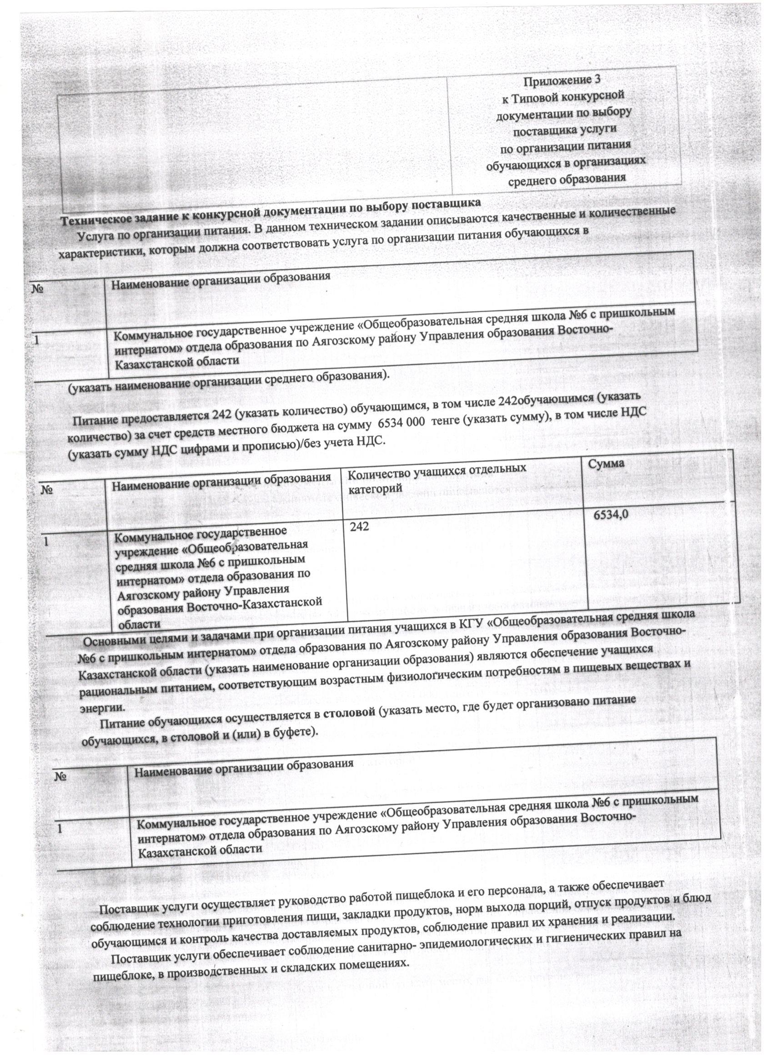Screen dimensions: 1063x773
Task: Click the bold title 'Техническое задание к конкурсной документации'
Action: (x=271, y=211)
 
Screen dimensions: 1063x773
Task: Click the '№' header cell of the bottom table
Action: (x=61, y=776)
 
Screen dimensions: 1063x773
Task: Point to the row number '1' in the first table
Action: (x=36, y=341)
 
